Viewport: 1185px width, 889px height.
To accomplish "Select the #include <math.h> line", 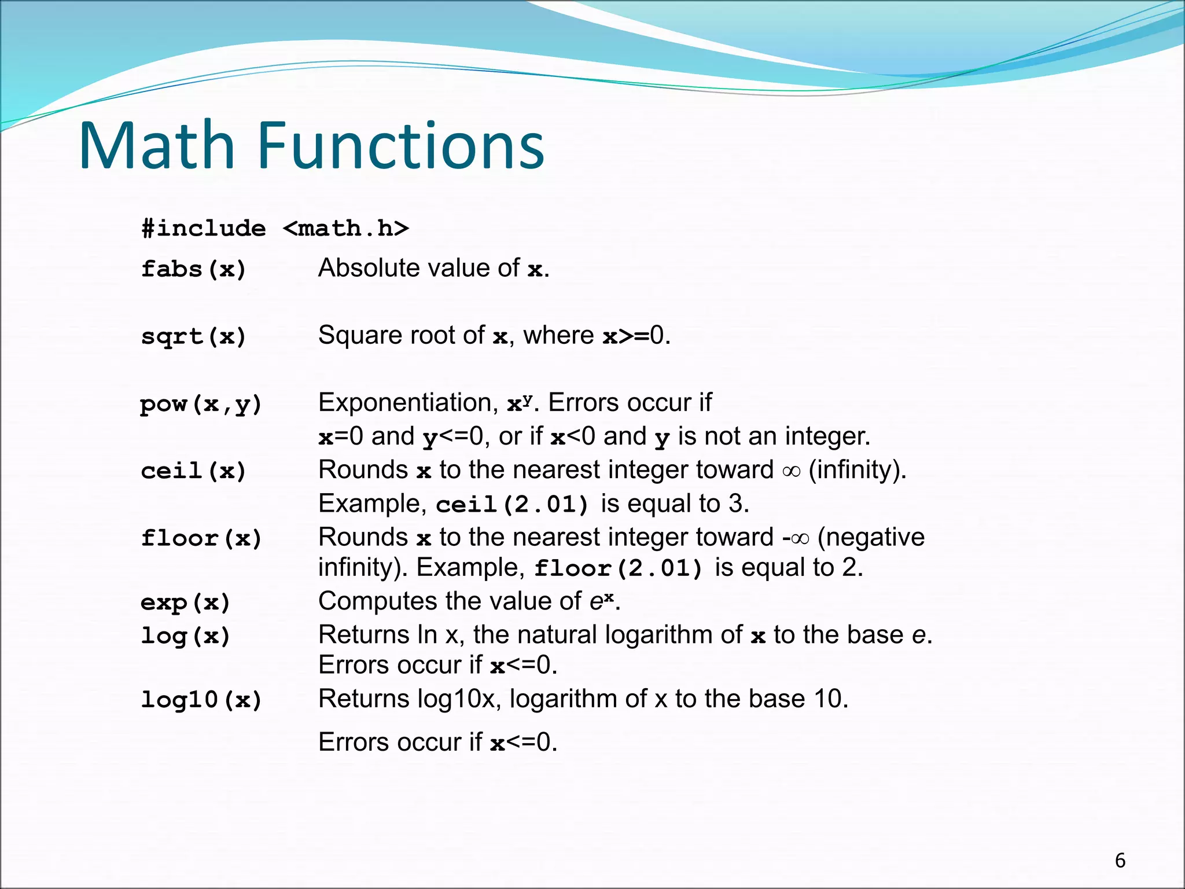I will tap(275, 229).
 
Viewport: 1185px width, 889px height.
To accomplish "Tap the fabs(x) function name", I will tap(194, 269).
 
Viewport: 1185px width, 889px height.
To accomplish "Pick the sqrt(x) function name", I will tap(194, 337).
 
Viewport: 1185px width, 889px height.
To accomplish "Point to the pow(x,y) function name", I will tap(201, 404).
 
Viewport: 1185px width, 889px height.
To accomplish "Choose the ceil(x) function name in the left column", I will tap(194, 471).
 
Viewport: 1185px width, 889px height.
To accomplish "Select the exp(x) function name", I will tap(186, 603).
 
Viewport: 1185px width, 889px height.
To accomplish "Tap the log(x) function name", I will tap(186, 636).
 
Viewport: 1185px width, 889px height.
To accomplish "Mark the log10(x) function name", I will tap(201, 700).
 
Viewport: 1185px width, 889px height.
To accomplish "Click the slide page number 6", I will tap(1120, 861).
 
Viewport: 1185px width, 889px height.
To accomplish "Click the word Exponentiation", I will tap(408, 403).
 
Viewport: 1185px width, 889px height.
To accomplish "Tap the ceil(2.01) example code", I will tap(513, 505).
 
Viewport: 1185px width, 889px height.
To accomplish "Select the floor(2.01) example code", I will tap(619, 568).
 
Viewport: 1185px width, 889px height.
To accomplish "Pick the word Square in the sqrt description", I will tap(353, 336).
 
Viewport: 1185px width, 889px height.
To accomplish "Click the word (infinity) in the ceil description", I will tap(857, 470).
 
